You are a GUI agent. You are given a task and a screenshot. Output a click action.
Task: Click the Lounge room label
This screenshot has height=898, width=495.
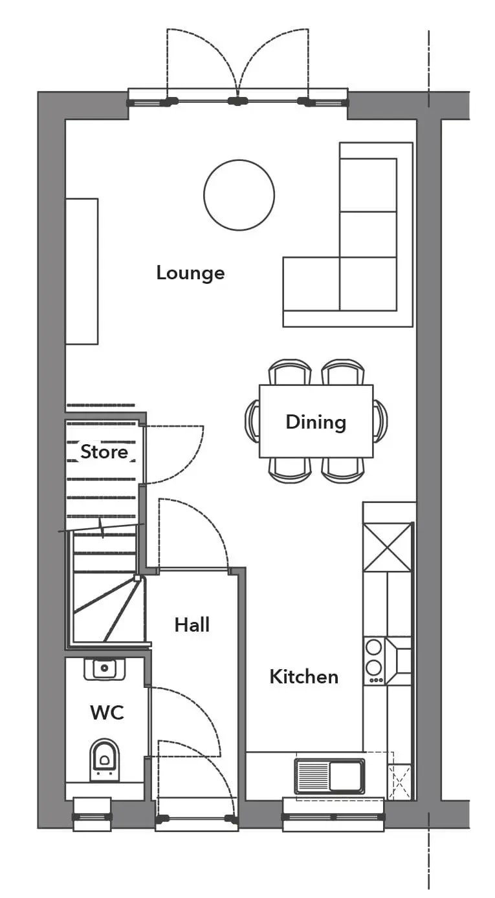coord(190,273)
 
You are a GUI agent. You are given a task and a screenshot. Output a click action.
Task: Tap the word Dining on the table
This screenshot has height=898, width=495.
coord(316,422)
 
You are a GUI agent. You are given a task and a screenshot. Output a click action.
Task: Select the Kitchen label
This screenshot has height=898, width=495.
coord(303,677)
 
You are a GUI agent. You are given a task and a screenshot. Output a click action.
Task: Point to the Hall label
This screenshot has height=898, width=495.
coord(192,625)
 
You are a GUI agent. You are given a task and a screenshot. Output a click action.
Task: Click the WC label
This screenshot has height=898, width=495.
coord(107,712)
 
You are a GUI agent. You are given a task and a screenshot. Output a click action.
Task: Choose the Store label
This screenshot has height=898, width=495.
coord(104,452)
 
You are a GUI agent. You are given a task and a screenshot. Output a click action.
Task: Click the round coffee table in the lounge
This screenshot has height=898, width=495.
coord(239,195)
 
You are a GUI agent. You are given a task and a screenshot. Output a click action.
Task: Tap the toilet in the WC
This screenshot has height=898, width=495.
coord(105,760)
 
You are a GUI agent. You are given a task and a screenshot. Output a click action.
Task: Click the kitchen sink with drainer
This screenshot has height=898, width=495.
coord(330,777)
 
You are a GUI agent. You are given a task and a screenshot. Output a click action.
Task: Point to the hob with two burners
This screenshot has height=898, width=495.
coord(374,661)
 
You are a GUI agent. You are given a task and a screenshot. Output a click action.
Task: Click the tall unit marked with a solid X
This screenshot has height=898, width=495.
coord(388,547)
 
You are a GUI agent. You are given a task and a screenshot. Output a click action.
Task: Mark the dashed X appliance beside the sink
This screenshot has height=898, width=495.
coord(399,782)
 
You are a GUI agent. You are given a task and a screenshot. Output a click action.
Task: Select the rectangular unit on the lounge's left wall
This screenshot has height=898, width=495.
coord(82,272)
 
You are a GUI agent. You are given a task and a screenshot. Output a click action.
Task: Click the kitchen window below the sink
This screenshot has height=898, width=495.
coord(334,817)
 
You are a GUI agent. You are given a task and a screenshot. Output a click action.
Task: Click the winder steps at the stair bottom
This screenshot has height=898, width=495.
coord(108,609)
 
